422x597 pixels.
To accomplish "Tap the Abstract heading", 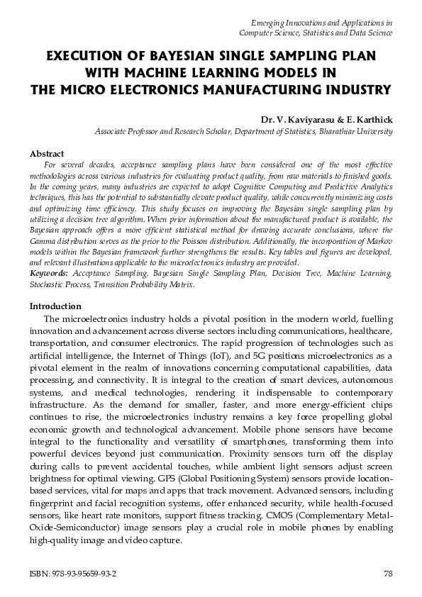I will (x=47, y=154).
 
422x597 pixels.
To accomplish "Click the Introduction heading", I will (x=55, y=306).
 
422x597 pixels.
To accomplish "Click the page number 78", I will (x=387, y=574).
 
